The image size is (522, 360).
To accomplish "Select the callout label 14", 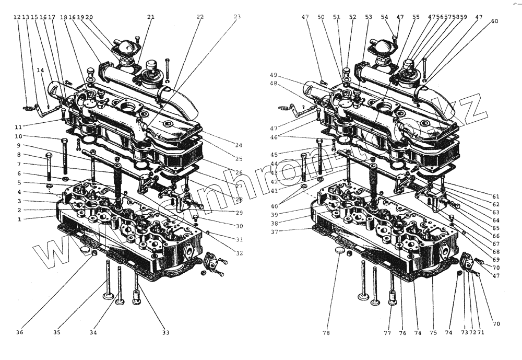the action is tap(40, 69).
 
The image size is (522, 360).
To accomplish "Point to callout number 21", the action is tap(151, 17).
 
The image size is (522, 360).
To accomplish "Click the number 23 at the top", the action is tap(237, 17).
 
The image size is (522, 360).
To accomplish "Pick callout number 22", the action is tap(200, 17).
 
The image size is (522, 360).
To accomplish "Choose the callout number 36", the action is tap(19, 332).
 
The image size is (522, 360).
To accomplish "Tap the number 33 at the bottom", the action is tap(166, 332).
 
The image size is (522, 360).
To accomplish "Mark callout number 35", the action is tap(56, 332).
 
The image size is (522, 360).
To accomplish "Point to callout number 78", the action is tap(326, 333).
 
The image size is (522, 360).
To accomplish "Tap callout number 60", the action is tap(494, 21).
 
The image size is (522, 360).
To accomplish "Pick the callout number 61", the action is tap(495, 196).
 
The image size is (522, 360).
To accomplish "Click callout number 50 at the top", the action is tap(321, 17).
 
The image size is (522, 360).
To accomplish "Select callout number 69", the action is tap(495, 260).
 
